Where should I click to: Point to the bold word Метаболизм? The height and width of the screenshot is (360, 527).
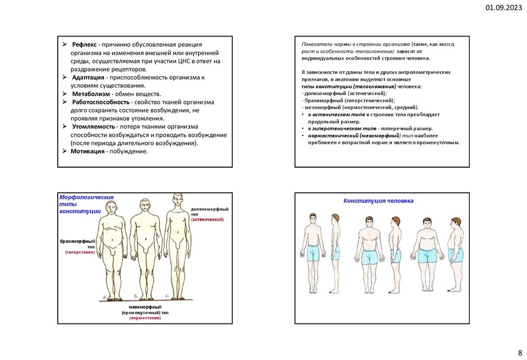click(x=92, y=94)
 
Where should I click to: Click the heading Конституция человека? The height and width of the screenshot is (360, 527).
click(x=378, y=200)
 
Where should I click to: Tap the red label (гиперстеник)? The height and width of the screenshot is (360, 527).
click(x=80, y=253)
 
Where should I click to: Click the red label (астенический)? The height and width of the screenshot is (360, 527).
click(x=207, y=220)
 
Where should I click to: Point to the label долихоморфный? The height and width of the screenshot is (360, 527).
click(x=209, y=209)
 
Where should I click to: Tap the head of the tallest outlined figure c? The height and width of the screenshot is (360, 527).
click(x=178, y=199)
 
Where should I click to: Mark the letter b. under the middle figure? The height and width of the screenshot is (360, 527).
click(x=136, y=296)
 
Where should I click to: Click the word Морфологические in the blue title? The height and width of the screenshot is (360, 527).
click(x=86, y=197)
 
